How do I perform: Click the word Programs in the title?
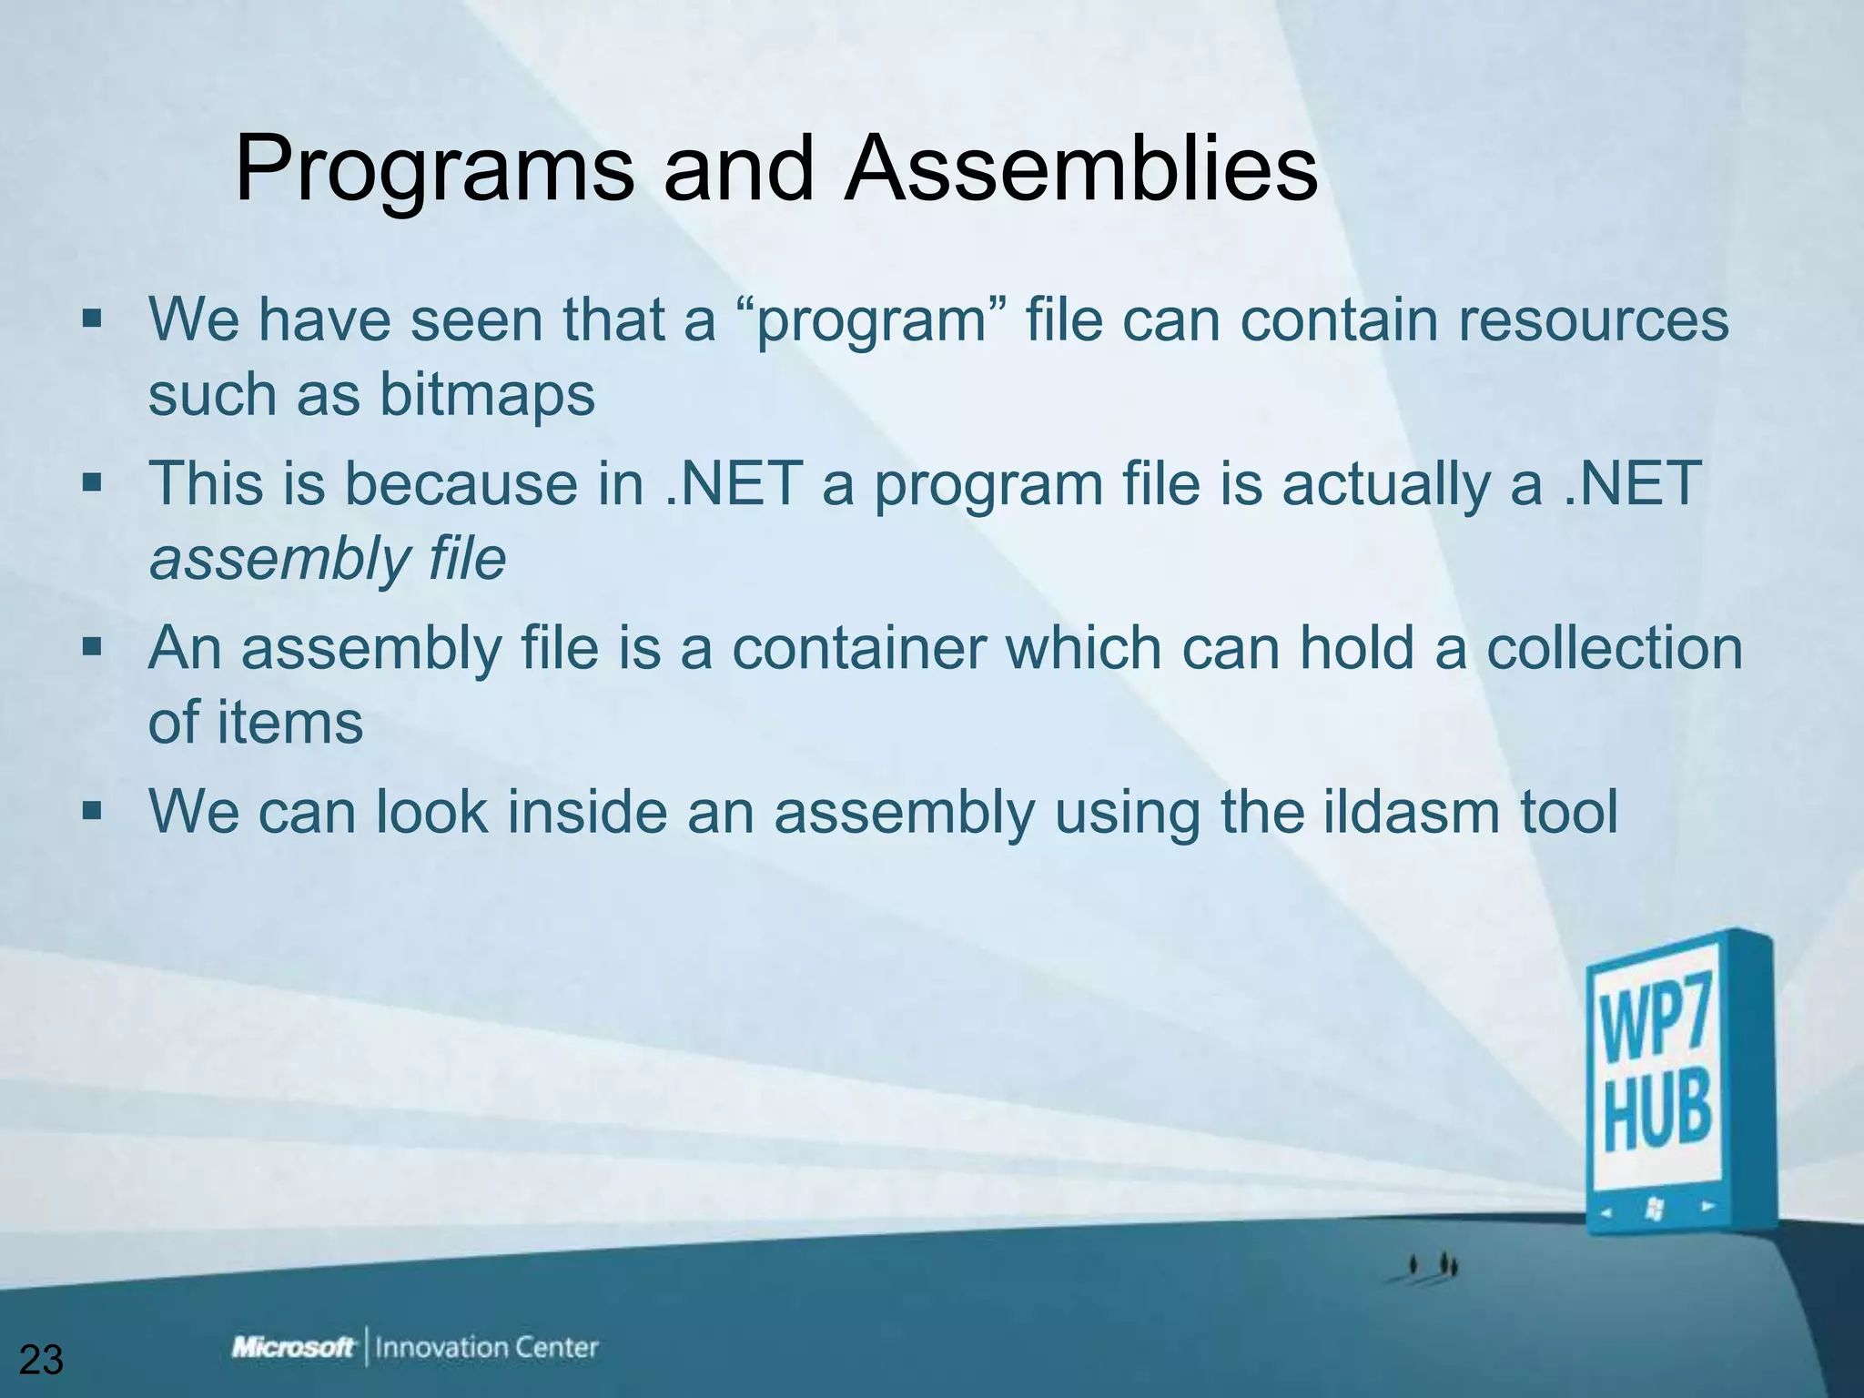[434, 169]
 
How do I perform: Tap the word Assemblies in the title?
[1080, 169]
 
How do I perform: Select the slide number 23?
[41, 1360]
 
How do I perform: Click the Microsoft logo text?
[293, 1347]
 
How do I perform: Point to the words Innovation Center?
[487, 1347]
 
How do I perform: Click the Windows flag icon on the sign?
[1656, 1209]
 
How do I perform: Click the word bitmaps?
[487, 395]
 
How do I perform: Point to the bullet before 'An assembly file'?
[92, 647]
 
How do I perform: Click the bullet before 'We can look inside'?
[92, 810]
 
